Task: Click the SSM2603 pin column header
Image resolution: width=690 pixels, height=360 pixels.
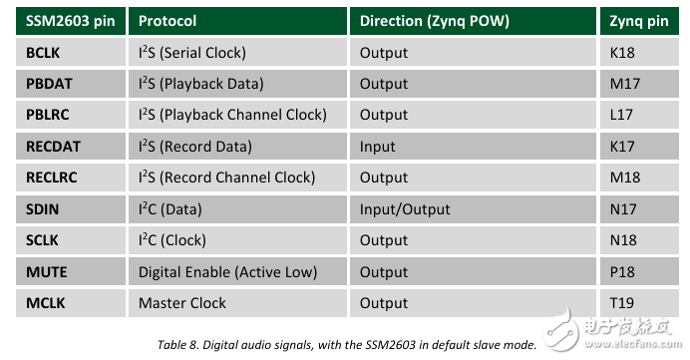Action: (71, 21)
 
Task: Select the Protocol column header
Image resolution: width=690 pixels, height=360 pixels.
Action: (237, 21)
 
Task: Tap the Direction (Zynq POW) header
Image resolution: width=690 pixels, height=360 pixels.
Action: (473, 21)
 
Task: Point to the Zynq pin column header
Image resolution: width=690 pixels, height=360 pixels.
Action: (639, 21)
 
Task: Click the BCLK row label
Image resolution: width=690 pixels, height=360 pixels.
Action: (71, 53)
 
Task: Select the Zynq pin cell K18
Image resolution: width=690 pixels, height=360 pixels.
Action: (639, 53)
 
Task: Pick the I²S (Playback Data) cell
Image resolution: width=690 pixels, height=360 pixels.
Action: (237, 84)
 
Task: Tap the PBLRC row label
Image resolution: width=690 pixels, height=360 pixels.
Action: (71, 115)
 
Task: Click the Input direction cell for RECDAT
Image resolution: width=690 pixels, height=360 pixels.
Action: (473, 147)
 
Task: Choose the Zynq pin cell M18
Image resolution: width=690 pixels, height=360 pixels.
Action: (639, 178)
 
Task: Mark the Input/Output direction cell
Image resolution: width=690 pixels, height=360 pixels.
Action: (473, 209)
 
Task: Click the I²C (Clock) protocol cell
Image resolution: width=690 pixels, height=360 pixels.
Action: (237, 240)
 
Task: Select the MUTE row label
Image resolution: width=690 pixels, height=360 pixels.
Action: (71, 271)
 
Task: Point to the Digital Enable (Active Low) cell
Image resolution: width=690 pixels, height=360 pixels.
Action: (237, 271)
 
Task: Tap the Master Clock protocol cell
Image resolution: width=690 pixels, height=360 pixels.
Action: (237, 303)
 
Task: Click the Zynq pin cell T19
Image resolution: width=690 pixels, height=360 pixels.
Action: (639, 303)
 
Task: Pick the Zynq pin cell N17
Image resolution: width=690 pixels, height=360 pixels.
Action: (639, 209)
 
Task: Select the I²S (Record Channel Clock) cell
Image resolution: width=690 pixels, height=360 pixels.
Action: (237, 178)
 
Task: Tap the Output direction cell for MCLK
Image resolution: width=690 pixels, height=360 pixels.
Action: (473, 303)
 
